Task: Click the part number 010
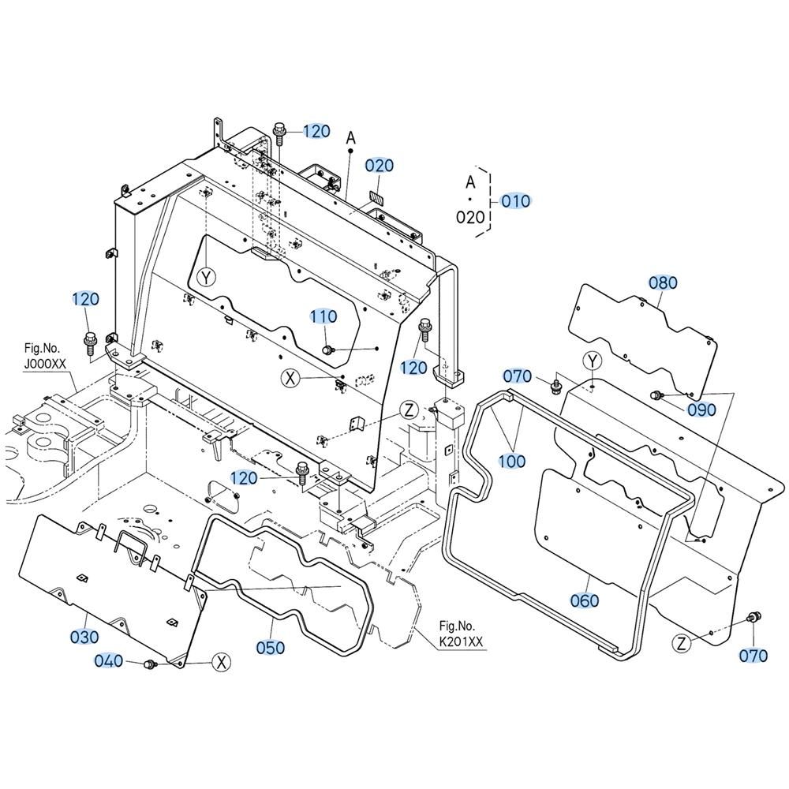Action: pos(516,201)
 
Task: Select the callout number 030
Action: pos(84,637)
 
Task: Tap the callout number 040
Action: pos(109,660)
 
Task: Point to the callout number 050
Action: pos(270,647)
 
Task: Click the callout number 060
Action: pos(585,600)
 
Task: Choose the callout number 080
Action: pos(663,282)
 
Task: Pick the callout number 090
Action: pos(701,409)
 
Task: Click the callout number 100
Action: pos(512,461)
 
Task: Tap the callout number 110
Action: pos(323,316)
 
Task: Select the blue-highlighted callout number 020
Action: pos(380,166)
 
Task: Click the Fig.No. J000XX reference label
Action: pos(45,356)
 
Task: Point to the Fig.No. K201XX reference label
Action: pos(460,634)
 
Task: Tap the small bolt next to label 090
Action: pos(657,395)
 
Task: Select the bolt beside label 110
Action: pos(328,350)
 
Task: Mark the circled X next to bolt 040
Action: pos(221,663)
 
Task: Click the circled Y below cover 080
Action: pos(593,361)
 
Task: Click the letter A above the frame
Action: pos(351,136)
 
